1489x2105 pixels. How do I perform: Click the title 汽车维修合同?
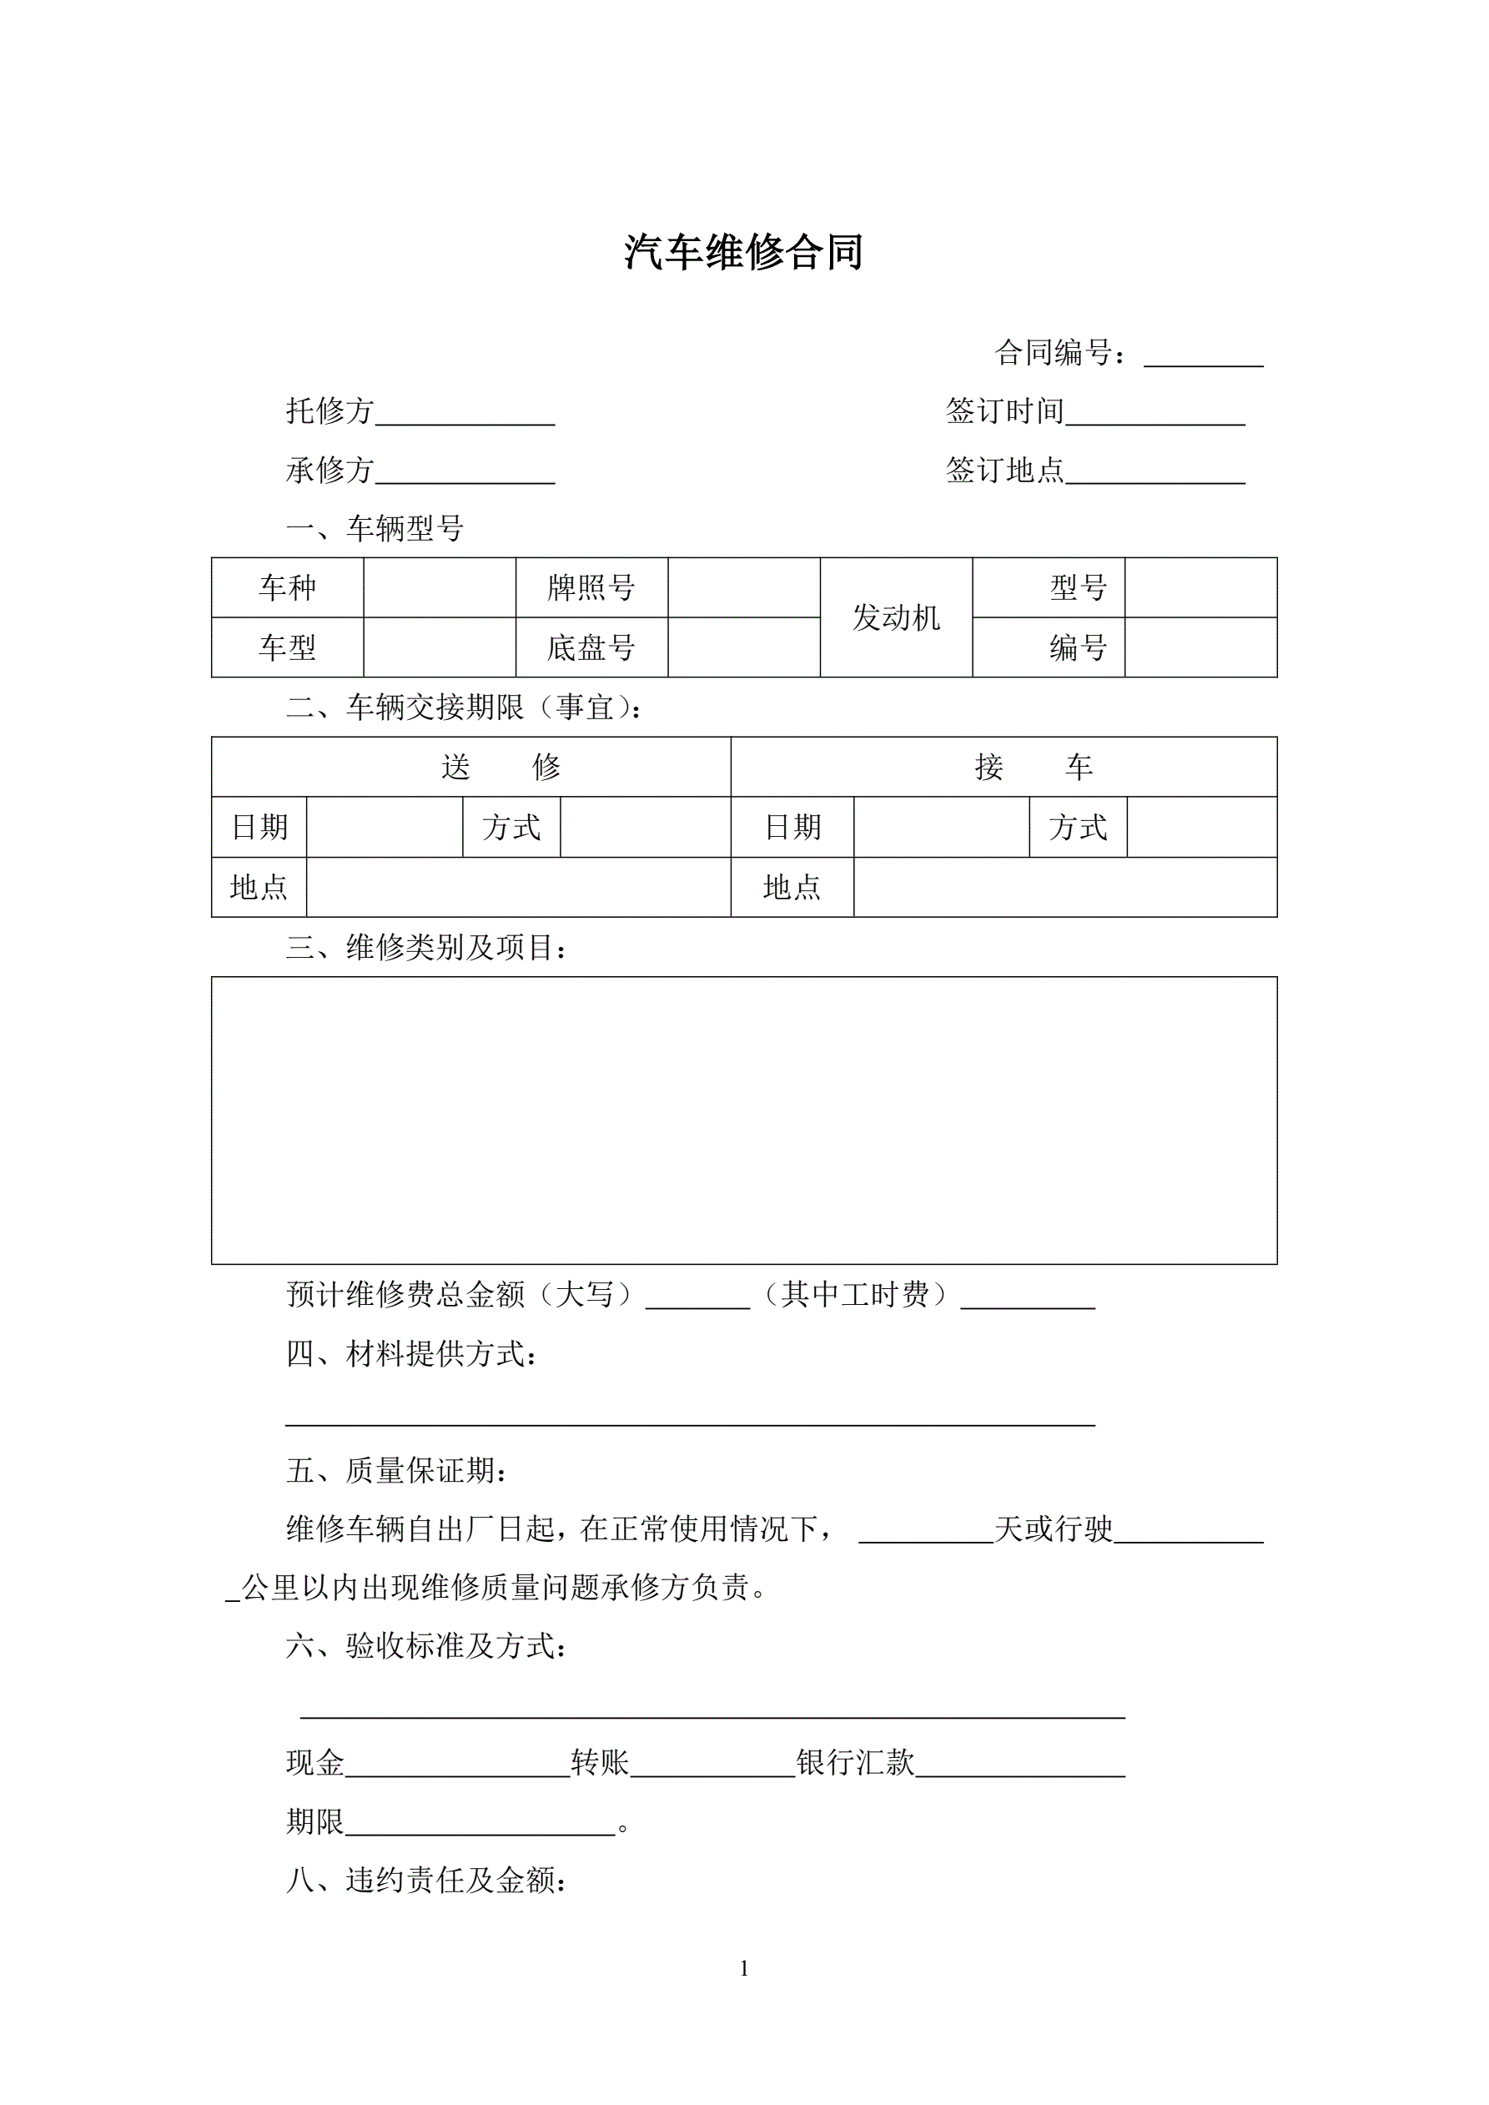click(x=743, y=252)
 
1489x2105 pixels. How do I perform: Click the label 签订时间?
click(x=1004, y=411)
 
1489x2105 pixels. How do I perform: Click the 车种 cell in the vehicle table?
click(x=287, y=587)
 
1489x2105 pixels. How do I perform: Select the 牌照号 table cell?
click(x=591, y=587)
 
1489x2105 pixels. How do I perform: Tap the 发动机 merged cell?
click(x=896, y=618)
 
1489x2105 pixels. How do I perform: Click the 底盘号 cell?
click(x=591, y=648)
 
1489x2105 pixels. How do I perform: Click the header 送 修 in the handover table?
click(x=501, y=768)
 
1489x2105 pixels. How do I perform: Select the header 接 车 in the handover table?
click(x=1034, y=768)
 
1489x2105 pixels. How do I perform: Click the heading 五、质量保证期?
click(x=396, y=1471)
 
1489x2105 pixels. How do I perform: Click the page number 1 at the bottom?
click(x=744, y=1968)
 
